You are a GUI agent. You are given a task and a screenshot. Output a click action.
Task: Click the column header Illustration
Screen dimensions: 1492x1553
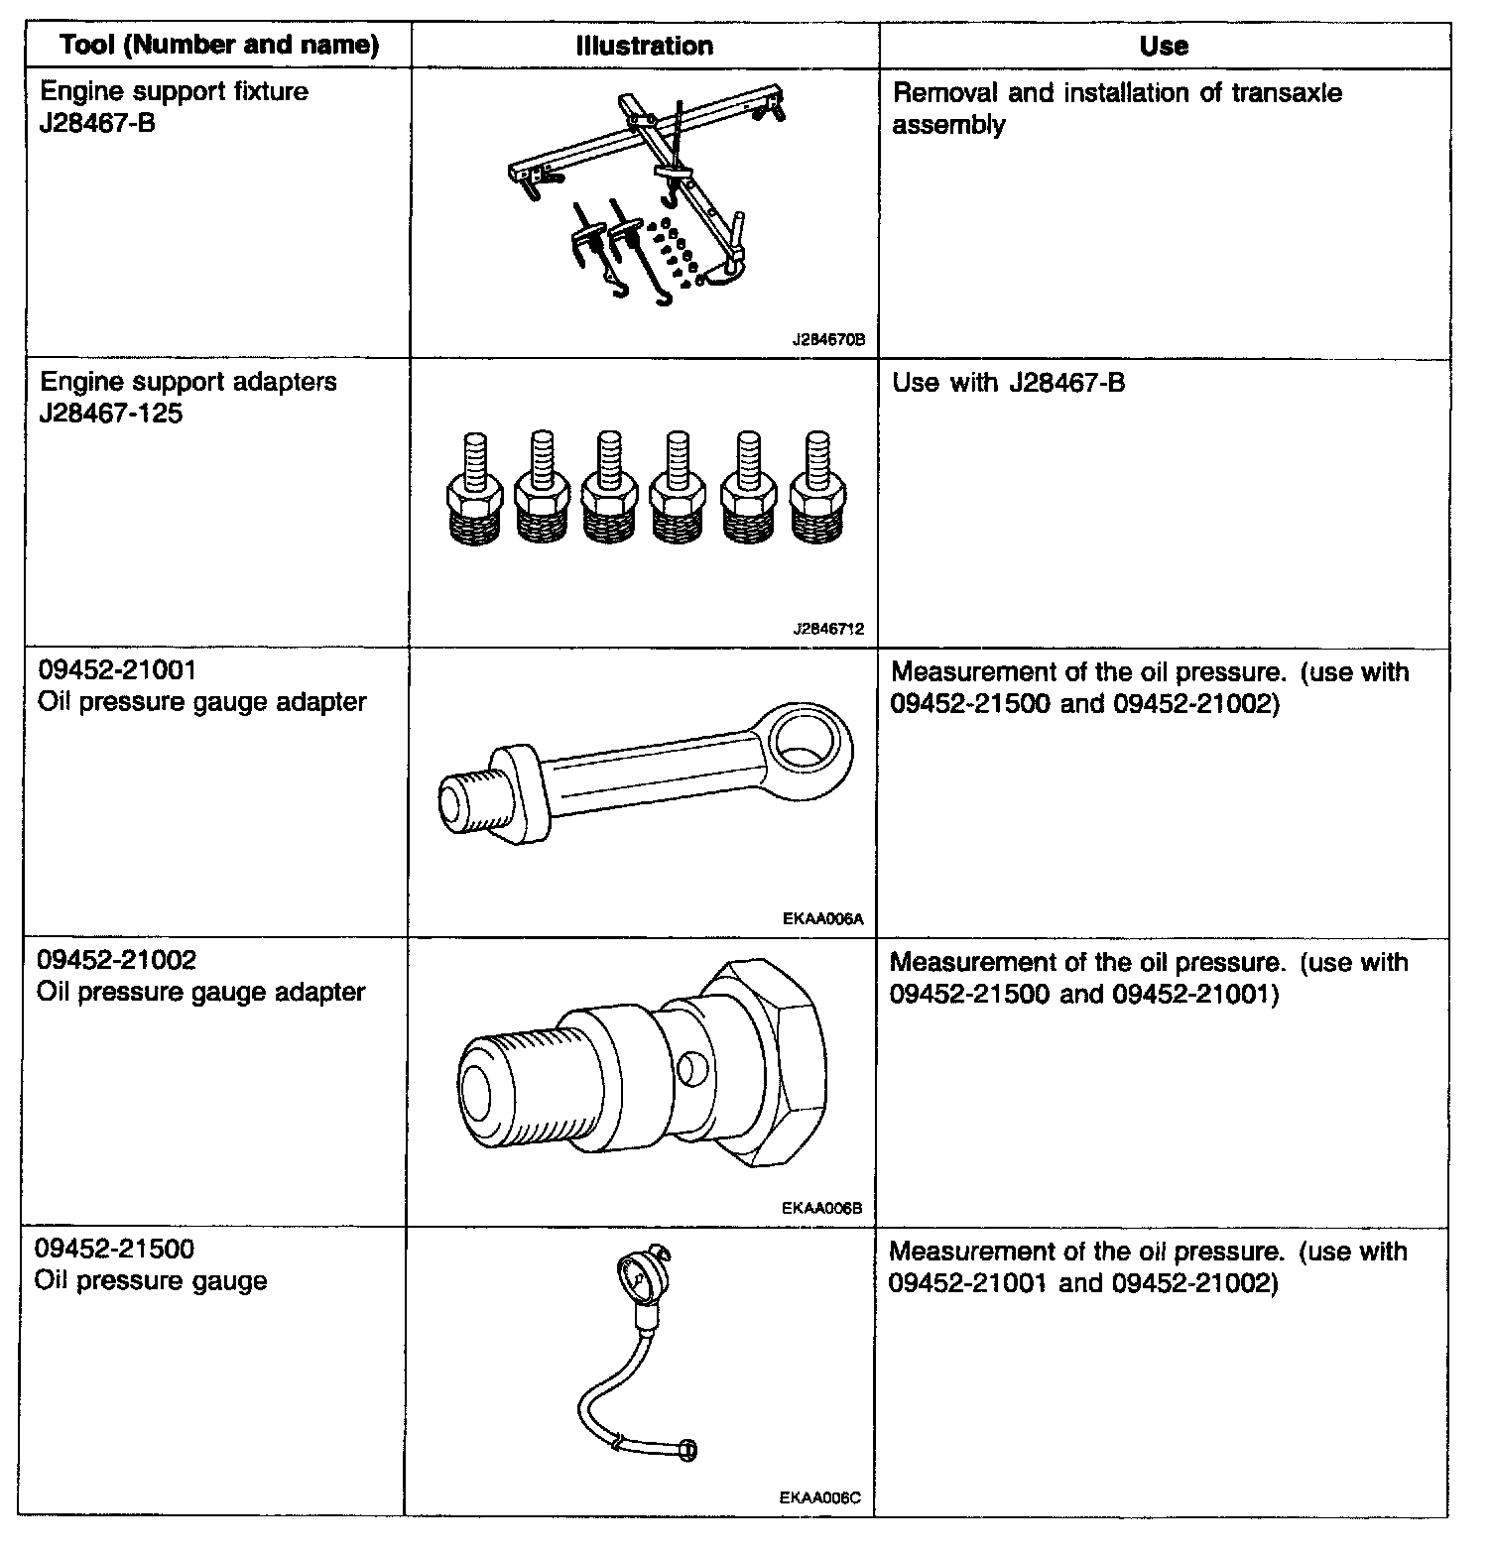point(645,46)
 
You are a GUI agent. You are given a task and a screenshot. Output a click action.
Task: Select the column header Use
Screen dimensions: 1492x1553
point(1164,46)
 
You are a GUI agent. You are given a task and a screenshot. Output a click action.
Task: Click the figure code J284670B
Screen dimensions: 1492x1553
point(828,339)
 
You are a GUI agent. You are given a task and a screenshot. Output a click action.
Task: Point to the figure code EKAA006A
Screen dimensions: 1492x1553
point(823,918)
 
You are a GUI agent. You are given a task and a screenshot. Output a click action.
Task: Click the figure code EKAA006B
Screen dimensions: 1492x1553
point(822,1208)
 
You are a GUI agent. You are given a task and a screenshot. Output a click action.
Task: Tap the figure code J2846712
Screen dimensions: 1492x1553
point(828,629)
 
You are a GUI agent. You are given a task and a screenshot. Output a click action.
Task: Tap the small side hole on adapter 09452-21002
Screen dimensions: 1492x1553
point(690,1068)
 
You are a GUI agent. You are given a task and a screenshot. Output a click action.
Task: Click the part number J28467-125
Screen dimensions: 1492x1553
point(110,414)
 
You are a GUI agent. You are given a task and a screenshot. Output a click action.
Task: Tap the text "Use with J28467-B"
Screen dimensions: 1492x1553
point(1009,383)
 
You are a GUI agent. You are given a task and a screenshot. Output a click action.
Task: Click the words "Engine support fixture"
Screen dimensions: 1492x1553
point(174,92)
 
